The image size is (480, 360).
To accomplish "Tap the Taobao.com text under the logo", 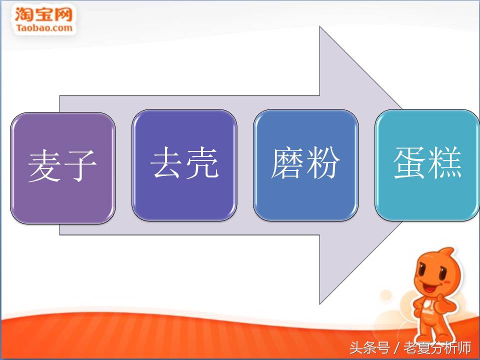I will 44,27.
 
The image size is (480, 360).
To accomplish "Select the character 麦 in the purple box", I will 45,166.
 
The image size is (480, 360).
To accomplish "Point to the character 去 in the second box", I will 167,163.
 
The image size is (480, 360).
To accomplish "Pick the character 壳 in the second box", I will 202,163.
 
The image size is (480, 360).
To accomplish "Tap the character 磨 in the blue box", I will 288,163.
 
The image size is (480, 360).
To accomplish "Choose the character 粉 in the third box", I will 323,163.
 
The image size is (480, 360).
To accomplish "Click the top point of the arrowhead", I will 320,28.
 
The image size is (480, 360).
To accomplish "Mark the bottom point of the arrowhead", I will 320,303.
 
